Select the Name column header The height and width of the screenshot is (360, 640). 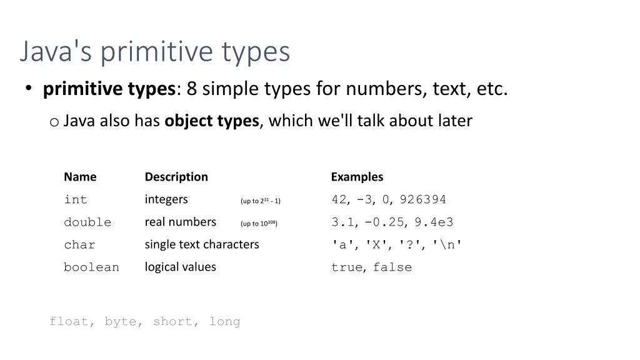click(x=80, y=177)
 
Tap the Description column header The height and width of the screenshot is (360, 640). click(x=176, y=177)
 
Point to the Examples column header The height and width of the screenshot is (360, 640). click(x=357, y=177)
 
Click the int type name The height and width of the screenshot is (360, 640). click(x=76, y=200)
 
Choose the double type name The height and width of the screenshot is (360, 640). click(x=87, y=222)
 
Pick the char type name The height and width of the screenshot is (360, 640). click(x=79, y=245)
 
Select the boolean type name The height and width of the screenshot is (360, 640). click(x=91, y=267)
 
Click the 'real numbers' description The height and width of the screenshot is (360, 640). click(x=181, y=222)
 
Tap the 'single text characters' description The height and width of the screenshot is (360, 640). click(x=202, y=244)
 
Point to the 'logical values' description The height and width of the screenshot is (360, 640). click(x=181, y=267)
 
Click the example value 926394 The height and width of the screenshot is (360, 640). click(x=423, y=200)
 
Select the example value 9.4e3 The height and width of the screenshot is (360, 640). click(x=434, y=222)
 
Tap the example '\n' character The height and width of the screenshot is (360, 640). click(x=447, y=245)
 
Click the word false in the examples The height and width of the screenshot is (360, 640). click(x=392, y=267)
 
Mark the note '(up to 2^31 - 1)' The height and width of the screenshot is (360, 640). click(x=261, y=201)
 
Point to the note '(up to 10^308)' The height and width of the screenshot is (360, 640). click(x=259, y=223)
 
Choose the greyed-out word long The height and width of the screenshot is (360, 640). click(x=225, y=322)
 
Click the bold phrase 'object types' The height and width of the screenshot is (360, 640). click(x=212, y=121)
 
